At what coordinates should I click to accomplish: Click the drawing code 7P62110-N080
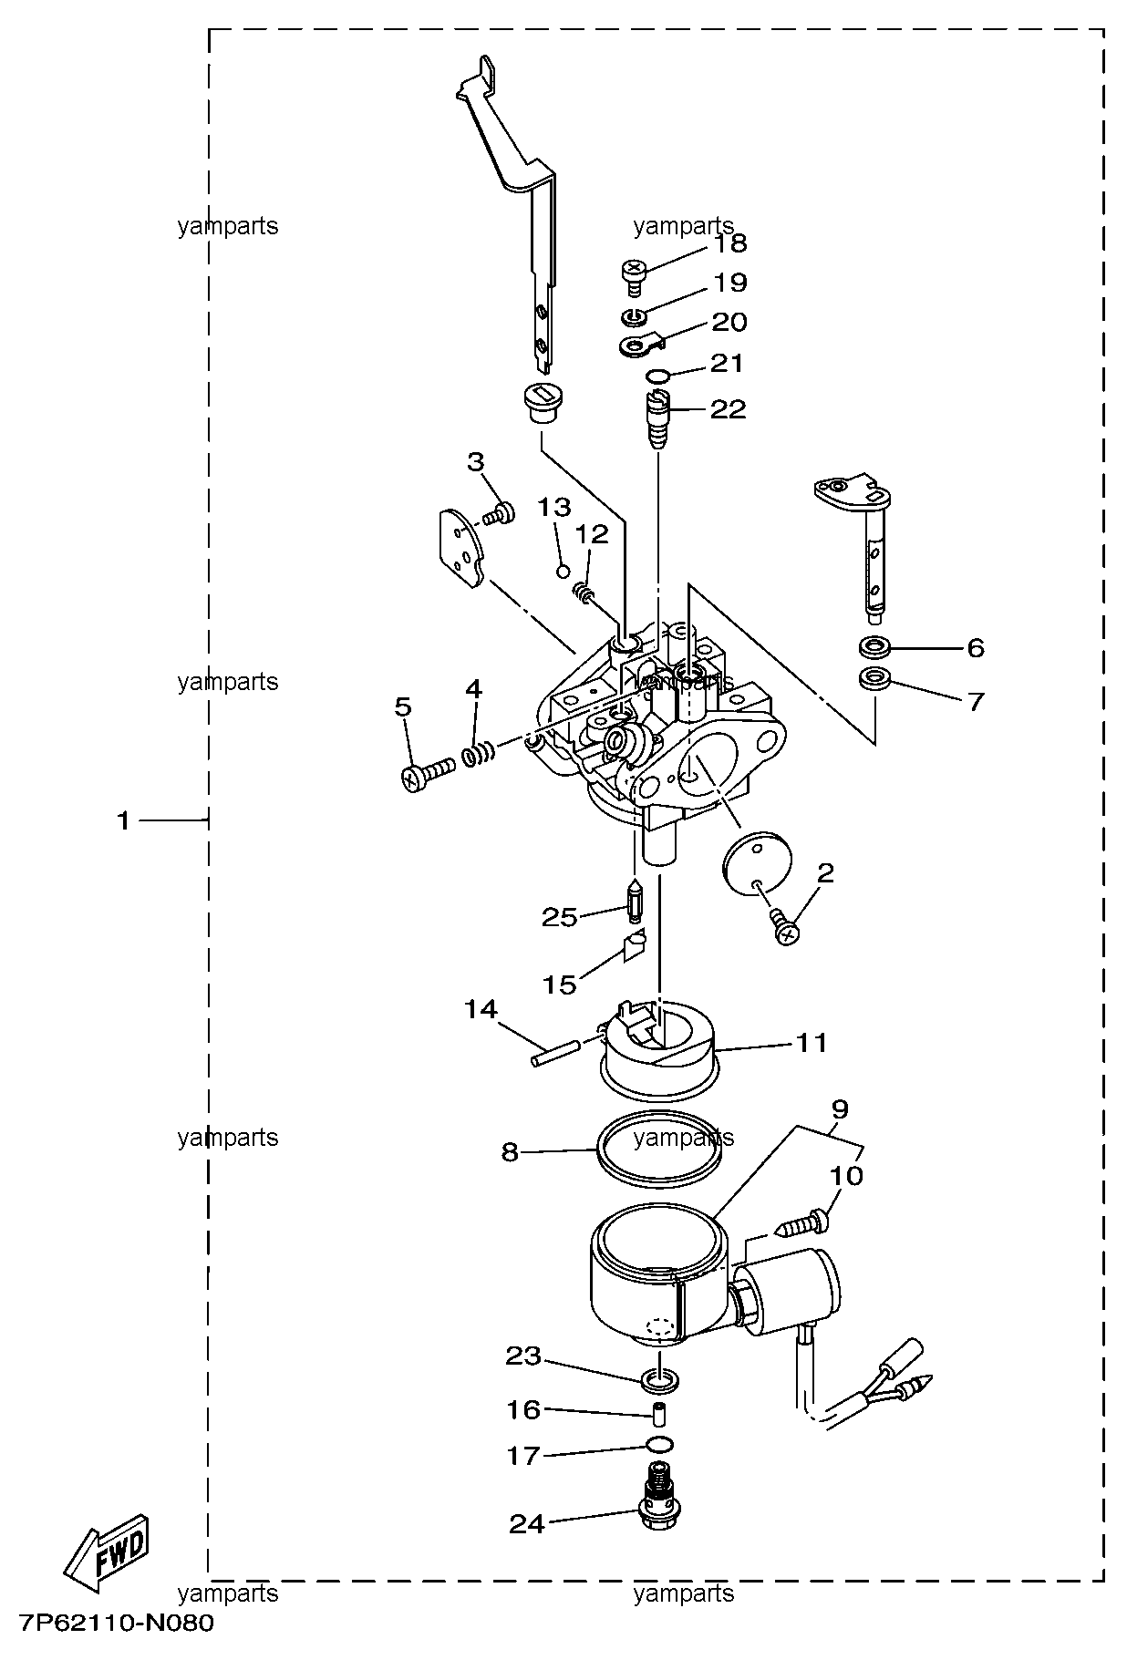tap(116, 1624)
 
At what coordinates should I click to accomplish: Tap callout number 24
tap(526, 1523)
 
